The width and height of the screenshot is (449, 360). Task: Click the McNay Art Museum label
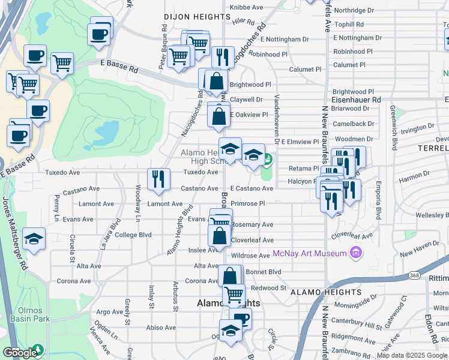(310, 253)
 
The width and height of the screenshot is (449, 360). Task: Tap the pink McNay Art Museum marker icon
(355, 253)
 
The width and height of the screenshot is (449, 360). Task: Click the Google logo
(19, 353)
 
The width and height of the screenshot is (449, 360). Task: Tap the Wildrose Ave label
(250, 256)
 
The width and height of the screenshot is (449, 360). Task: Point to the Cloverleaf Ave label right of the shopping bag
(252, 240)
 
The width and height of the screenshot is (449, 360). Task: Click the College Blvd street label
(133, 235)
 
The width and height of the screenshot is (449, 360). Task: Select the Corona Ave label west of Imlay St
(74, 281)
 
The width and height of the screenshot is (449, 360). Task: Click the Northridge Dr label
(354, 10)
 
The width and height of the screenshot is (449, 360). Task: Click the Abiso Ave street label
(161, 327)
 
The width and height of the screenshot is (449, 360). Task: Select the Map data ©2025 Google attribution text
(411, 355)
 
